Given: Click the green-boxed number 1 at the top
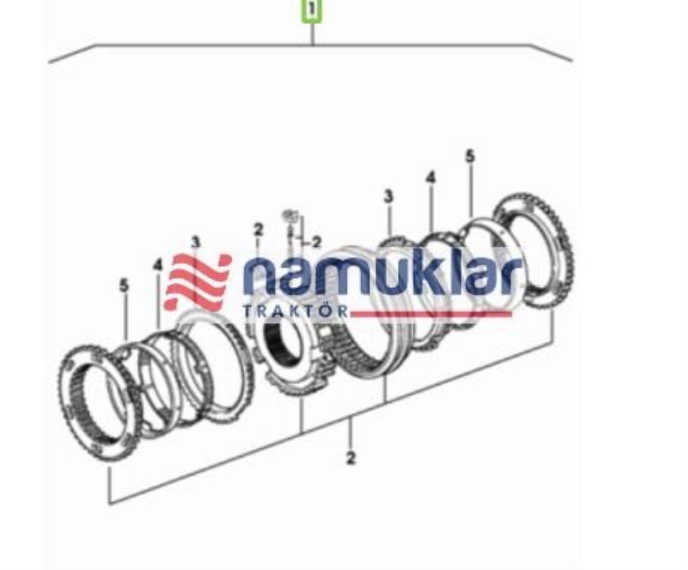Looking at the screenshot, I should [312, 10].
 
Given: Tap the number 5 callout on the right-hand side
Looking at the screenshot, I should [470, 156].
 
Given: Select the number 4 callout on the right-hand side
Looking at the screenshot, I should [431, 177].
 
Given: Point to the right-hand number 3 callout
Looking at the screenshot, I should [389, 196].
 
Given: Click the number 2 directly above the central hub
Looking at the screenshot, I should [259, 230].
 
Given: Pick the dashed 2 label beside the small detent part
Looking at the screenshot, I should [316, 242].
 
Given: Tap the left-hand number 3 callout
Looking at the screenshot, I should [196, 242].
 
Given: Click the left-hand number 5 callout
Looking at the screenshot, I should [124, 285].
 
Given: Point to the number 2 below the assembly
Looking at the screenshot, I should [351, 458].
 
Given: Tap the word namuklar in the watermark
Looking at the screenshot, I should [381, 276].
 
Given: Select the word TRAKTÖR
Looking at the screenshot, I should [295, 312].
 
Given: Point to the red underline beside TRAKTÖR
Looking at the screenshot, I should [430, 314].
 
